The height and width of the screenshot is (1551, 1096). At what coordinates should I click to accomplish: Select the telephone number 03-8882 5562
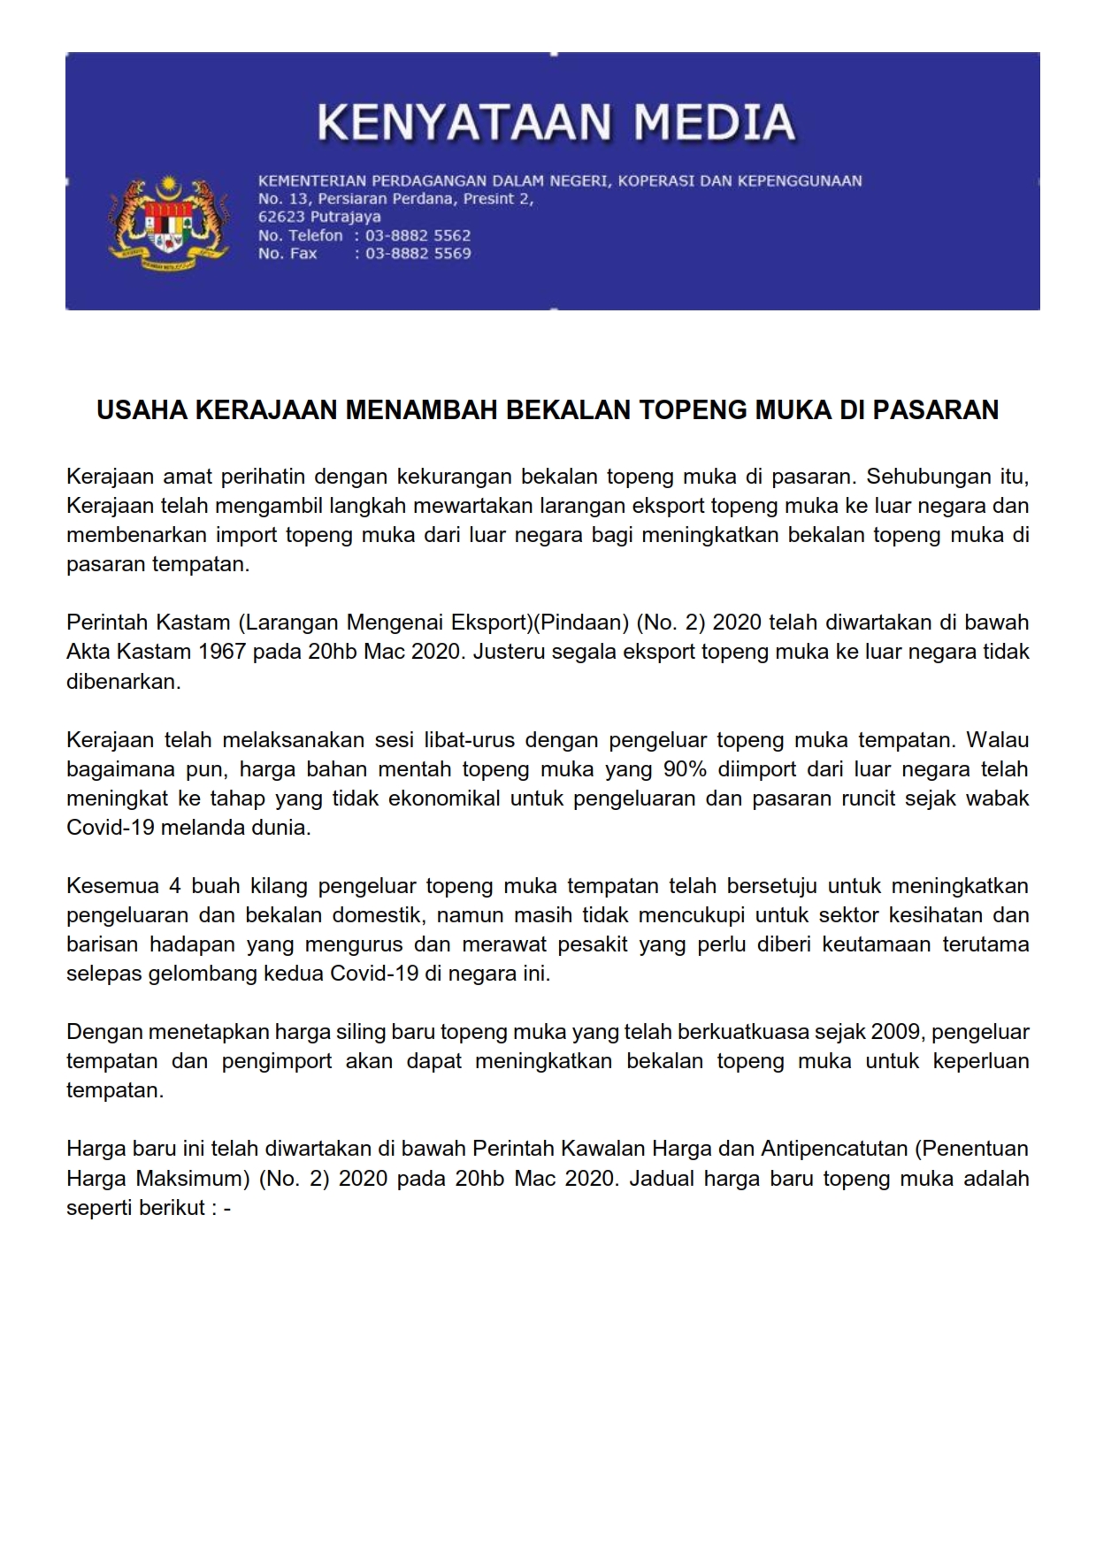point(418,235)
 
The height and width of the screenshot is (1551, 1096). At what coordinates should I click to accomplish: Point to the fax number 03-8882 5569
point(418,254)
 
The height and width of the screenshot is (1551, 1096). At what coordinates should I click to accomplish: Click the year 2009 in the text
point(895,1032)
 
